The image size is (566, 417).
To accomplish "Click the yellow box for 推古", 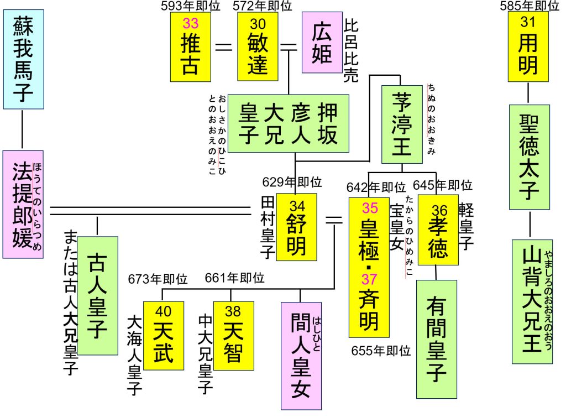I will point(191,46).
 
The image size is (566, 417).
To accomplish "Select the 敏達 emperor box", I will point(258,46).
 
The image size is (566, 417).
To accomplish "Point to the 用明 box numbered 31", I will point(528,46).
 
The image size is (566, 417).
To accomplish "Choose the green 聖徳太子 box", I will point(529,154).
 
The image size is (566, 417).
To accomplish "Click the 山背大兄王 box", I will point(532,301).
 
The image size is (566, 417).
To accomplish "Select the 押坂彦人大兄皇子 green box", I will point(289,123).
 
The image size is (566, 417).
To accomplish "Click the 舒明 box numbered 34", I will point(297,227).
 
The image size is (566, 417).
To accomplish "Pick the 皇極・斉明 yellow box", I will point(369,266).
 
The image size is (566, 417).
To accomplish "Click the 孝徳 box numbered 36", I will point(438,230).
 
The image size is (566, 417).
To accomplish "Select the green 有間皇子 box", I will point(437,338).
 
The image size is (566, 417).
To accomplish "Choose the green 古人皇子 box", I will point(97,296).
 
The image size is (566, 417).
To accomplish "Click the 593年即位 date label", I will point(191,6).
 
